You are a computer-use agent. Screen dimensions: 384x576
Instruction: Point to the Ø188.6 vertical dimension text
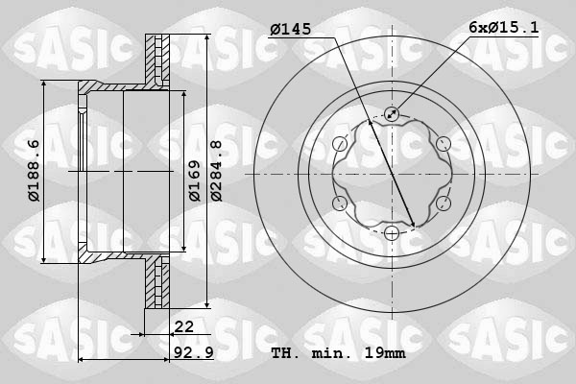[34, 170]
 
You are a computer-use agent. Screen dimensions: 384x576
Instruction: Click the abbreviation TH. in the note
[286, 353]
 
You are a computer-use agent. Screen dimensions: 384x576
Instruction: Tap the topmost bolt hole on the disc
[391, 114]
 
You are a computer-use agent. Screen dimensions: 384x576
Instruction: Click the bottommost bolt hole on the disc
[391, 233]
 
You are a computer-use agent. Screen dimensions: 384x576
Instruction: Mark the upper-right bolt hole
[443, 144]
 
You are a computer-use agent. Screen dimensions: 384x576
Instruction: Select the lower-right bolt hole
[443, 204]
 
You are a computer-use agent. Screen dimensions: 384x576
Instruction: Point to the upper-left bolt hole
[339, 144]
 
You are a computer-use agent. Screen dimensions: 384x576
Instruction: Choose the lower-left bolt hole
[339, 204]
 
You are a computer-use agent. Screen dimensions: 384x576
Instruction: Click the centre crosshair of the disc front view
[391, 174]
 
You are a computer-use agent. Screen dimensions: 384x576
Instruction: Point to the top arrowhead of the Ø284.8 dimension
[209, 38]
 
